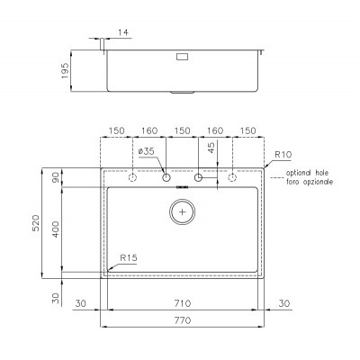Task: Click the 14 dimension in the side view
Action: pyautogui.click(x=123, y=32)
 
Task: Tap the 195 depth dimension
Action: pyautogui.click(x=65, y=71)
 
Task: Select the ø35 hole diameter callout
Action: pyautogui.click(x=146, y=151)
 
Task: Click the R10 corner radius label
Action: pyautogui.click(x=283, y=155)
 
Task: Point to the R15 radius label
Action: pyautogui.click(x=129, y=257)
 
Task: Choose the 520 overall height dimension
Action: pyautogui.click(x=36, y=222)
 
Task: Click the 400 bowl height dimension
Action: pyautogui.click(x=56, y=229)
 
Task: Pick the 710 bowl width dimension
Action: pyautogui.click(x=183, y=303)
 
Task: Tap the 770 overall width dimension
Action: pyautogui.click(x=183, y=320)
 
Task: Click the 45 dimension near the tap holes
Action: pyautogui.click(x=211, y=148)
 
